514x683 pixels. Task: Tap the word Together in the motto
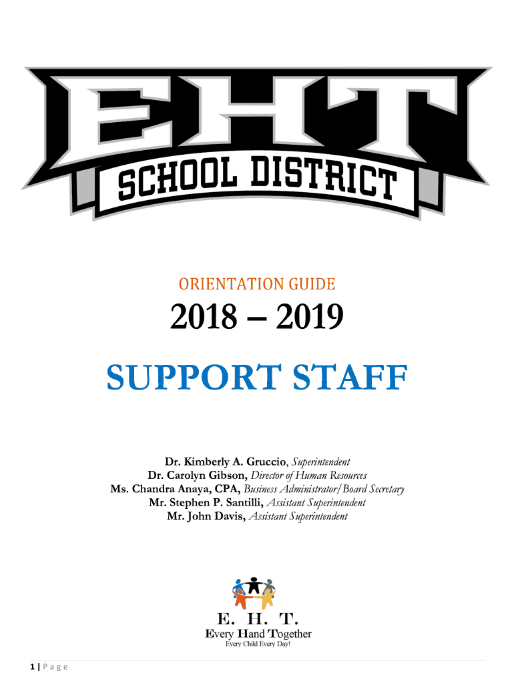click(x=290, y=634)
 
